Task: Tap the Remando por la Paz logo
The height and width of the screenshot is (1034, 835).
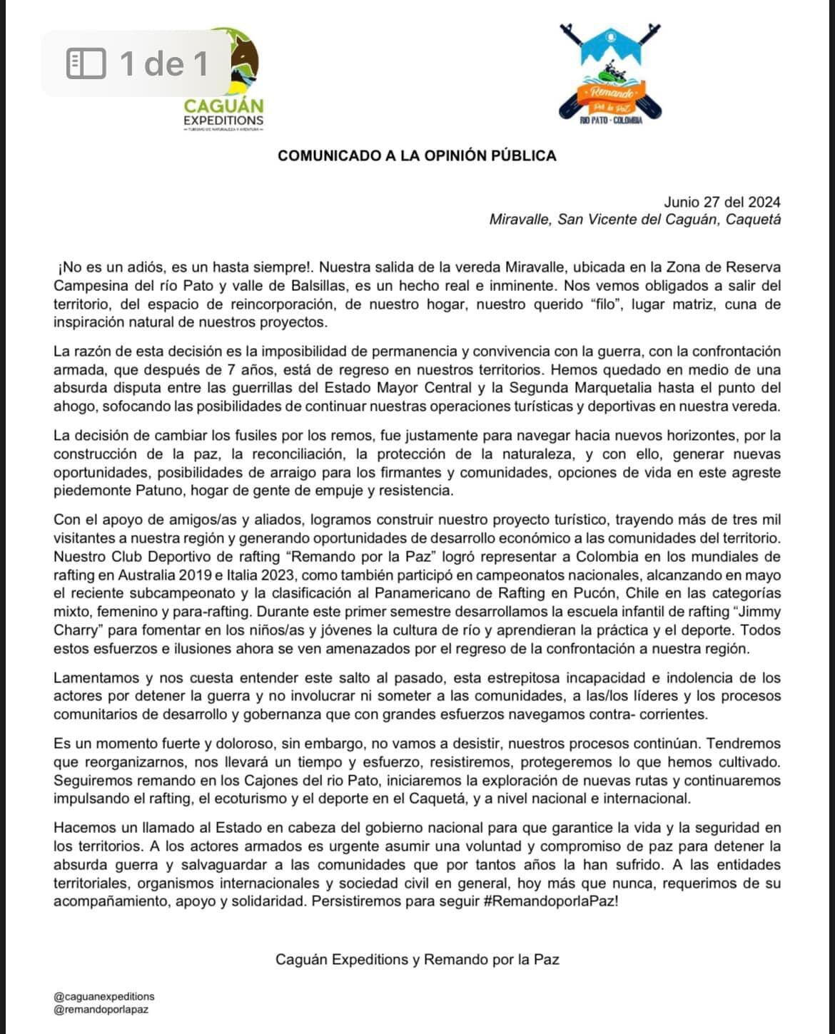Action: [x=611, y=75]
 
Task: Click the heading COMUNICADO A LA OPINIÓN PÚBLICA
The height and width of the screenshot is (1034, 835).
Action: [x=417, y=155]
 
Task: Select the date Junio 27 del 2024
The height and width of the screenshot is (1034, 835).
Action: [x=722, y=202]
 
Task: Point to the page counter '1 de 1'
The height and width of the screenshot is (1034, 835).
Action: [x=164, y=63]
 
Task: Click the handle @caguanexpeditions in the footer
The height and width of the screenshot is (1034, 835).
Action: [x=104, y=996]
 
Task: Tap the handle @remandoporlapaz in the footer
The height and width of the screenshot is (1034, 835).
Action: [x=101, y=1009]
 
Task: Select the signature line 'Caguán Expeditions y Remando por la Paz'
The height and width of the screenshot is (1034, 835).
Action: [x=417, y=959]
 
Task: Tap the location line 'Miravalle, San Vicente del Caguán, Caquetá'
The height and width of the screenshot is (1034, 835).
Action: [x=634, y=220]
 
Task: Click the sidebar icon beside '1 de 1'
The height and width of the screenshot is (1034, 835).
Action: [x=86, y=63]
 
